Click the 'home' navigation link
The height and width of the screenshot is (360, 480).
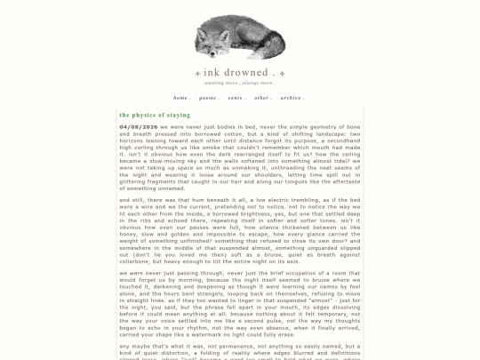[x=181, y=98]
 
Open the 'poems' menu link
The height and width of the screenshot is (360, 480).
[x=209, y=98]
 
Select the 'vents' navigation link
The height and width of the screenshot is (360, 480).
[x=236, y=98]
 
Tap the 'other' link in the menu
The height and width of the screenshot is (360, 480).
[x=261, y=98]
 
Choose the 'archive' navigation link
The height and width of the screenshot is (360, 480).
[x=292, y=98]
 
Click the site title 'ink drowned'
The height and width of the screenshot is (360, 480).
[x=238, y=72]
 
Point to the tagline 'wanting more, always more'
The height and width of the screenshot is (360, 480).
[x=239, y=83]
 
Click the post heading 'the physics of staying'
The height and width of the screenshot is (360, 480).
[x=155, y=115]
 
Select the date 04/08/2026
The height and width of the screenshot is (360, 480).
[x=139, y=127]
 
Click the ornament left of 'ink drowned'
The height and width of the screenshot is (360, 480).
[x=196, y=73]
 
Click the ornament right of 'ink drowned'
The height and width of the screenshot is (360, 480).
[x=281, y=73]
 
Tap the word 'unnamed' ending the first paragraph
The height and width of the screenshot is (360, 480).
[x=169, y=188]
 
